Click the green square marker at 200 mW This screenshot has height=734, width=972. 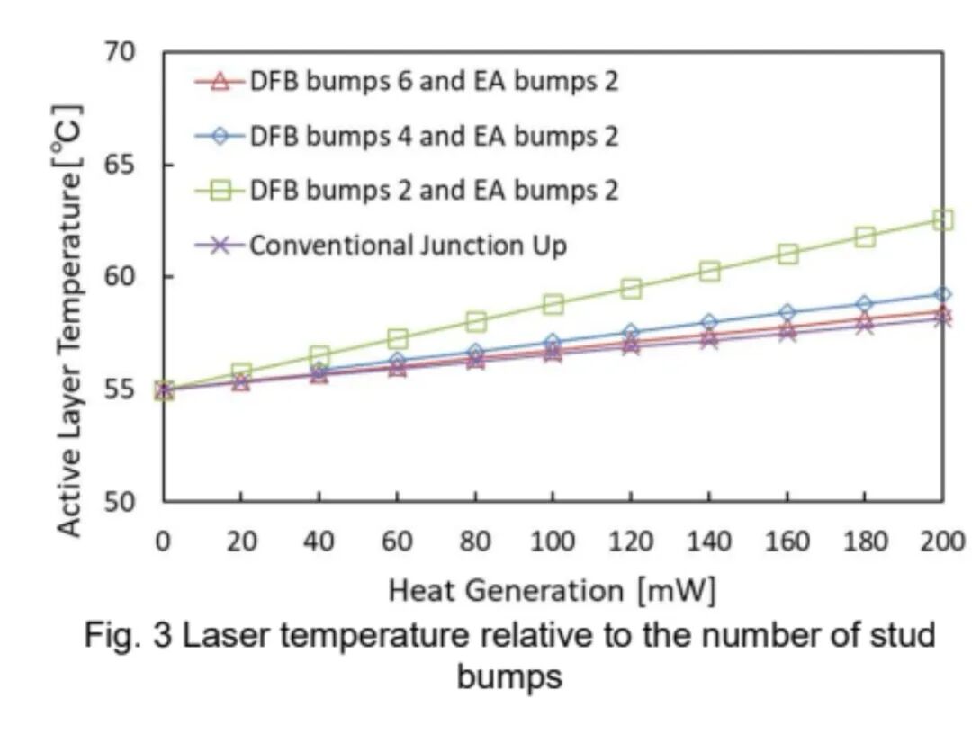tap(942, 219)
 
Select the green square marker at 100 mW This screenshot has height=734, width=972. tap(553, 304)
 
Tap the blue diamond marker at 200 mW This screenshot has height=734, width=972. tap(942, 294)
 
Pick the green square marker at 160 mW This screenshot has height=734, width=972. tap(787, 254)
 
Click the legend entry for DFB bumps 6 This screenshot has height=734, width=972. tap(434, 82)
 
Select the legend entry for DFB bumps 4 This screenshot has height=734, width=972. tap(434, 136)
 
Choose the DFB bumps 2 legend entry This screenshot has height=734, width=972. tap(434, 190)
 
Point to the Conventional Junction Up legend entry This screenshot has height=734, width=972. tap(408, 245)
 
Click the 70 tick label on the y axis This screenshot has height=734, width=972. tap(119, 53)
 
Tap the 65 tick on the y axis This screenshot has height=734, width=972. tap(119, 166)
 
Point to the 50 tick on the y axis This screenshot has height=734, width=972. tap(119, 501)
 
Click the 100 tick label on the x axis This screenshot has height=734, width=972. tap(553, 542)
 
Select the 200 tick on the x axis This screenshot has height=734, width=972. tap(942, 542)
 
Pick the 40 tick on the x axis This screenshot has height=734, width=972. tap(319, 542)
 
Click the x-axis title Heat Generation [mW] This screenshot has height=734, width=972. tap(552, 590)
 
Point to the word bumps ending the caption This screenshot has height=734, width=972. tap(509, 676)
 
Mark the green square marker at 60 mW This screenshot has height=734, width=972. tap(397, 338)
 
